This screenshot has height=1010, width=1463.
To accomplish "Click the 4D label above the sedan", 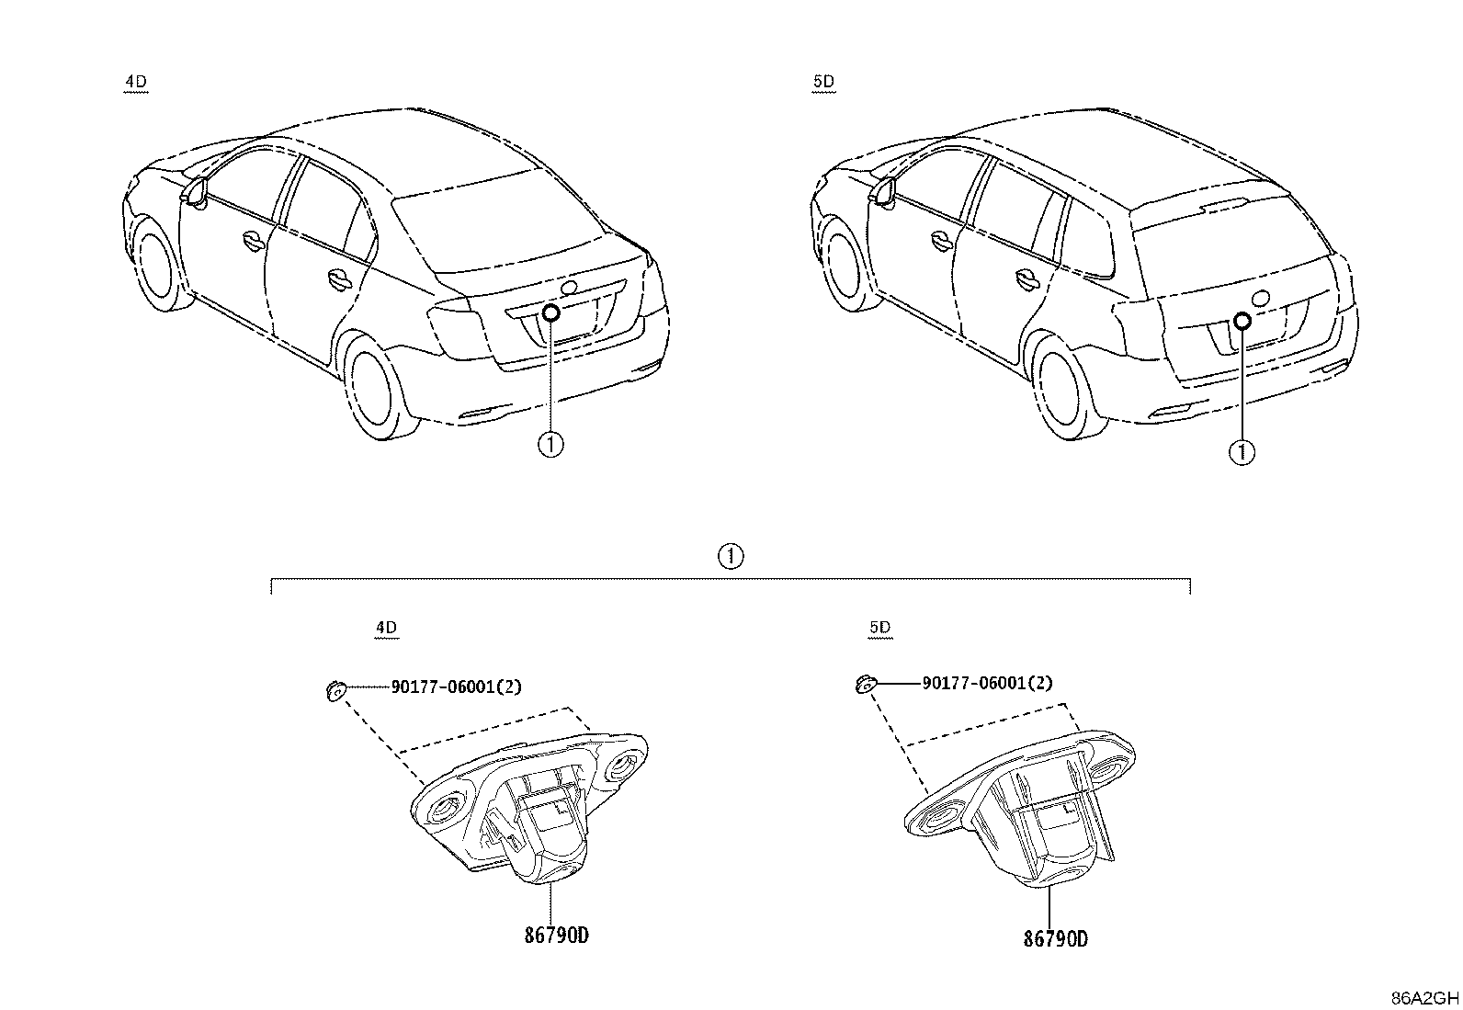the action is [136, 82].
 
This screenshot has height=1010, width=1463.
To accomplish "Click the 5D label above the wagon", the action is [823, 82].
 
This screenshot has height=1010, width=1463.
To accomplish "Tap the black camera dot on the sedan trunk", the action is [551, 313].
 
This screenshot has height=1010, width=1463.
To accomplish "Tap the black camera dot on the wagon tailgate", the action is [1242, 321].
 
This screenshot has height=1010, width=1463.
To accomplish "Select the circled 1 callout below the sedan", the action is [550, 445].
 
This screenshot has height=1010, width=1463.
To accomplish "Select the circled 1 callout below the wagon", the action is [1242, 452].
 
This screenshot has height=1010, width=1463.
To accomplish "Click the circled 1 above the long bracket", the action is [731, 557].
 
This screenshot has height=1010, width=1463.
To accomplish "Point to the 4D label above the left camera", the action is [386, 628].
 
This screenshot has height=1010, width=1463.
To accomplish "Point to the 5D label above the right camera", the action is [879, 627].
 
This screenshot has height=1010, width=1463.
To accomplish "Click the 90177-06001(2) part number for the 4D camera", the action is [457, 687].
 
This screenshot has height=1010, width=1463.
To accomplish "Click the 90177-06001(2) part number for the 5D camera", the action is [988, 683].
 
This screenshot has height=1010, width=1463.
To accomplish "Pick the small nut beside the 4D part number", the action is [335, 690].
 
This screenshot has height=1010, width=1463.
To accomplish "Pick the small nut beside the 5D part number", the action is [866, 685].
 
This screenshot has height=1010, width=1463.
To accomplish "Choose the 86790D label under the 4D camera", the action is [557, 936].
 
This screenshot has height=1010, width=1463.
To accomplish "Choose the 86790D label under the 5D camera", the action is [1056, 939].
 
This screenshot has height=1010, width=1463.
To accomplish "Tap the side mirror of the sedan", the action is [196, 192].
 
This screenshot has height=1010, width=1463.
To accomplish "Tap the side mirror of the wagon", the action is [882, 191].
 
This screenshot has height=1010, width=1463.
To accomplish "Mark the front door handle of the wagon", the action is [941, 241].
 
